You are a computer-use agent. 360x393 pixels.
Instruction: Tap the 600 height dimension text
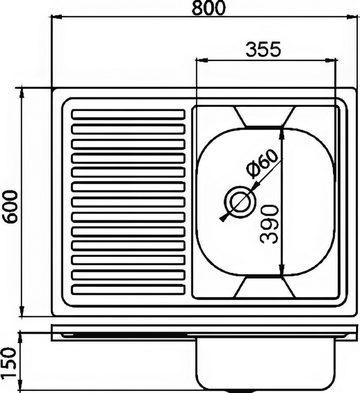point(10,208)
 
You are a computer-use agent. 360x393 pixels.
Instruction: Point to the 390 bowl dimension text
point(269,224)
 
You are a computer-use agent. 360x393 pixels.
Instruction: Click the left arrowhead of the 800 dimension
point(57,17)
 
